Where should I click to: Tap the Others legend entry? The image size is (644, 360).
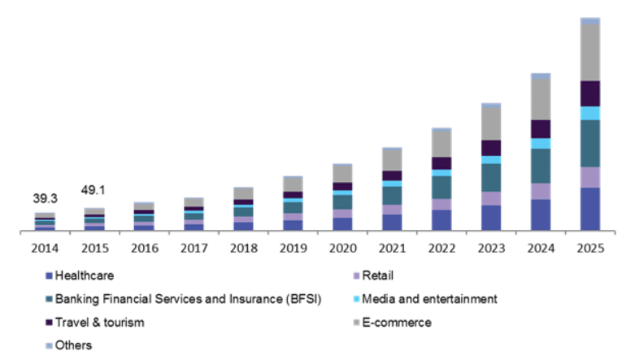73,345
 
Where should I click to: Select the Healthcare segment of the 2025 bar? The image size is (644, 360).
590,210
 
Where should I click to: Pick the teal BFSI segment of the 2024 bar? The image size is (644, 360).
541,166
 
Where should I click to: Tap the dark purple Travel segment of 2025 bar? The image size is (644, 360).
590,93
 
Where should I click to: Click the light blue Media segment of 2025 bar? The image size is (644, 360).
590,113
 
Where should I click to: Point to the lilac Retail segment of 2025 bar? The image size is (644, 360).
590,177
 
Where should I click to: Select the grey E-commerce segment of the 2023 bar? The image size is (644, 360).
491,123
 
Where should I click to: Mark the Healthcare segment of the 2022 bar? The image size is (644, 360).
442,220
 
